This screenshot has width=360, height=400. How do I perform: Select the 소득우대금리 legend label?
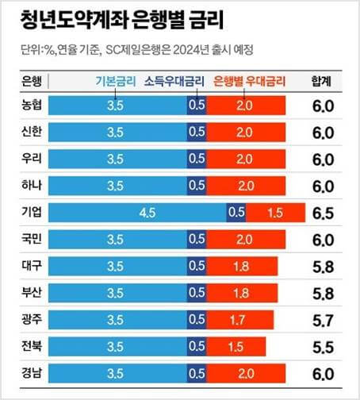tap(174, 81)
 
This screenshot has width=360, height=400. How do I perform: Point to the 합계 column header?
tap(323, 81)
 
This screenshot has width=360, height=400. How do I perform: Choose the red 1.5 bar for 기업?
tap(275, 213)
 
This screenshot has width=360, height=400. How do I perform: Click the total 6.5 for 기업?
tap(323, 213)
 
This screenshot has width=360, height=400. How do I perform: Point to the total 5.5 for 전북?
tap(323, 346)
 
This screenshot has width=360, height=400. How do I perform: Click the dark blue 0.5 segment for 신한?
tap(196, 132)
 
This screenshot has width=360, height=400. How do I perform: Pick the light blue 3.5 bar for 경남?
tap(116, 373)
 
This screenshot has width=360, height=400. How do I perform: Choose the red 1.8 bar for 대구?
tap(241, 266)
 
